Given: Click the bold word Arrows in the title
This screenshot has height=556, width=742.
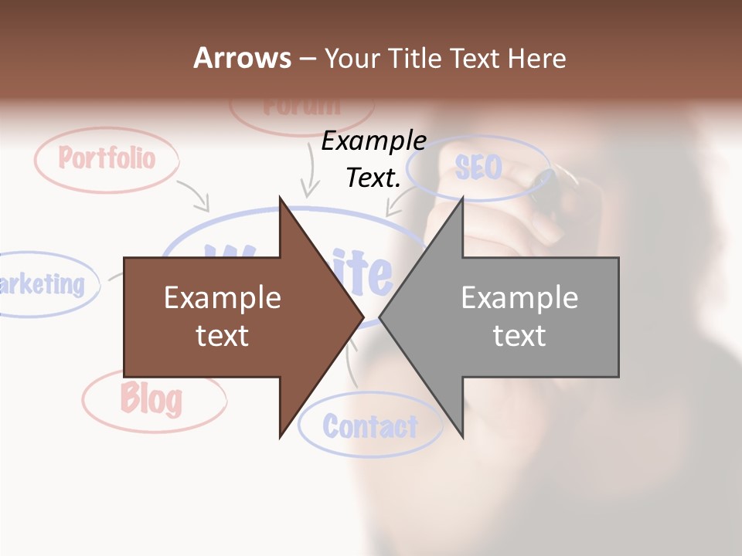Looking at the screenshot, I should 242,58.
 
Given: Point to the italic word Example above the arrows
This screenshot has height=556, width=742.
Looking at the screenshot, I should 373,141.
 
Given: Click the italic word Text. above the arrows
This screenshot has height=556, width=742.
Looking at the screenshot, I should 373,178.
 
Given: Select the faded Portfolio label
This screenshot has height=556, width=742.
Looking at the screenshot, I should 107,159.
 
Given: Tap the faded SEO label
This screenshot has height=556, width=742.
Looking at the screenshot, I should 478,167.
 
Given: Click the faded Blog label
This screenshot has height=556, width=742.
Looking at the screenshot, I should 151,398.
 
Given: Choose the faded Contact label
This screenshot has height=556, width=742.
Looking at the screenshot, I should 369,426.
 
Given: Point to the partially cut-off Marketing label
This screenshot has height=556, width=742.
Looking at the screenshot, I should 42,284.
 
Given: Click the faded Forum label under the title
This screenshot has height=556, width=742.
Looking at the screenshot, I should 301,107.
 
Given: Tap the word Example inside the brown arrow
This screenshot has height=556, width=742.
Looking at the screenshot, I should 223,298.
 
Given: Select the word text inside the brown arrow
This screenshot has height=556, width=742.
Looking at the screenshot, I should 223,335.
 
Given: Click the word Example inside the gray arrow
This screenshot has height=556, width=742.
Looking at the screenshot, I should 519,298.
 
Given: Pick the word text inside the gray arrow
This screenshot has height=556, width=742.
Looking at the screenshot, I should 519,335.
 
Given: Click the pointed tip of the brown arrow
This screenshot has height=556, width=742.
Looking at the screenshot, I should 362,317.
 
